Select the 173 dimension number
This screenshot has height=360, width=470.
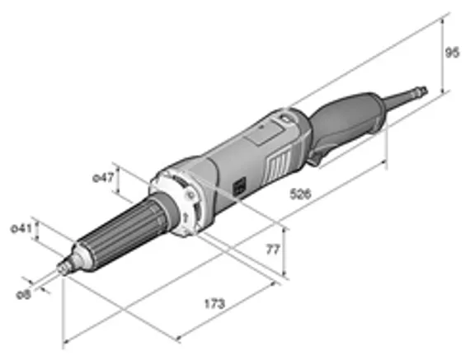[x=214, y=305]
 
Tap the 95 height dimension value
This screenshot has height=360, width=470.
[x=452, y=54]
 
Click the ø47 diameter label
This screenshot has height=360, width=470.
[x=102, y=176]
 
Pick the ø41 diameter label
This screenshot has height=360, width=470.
[x=21, y=227]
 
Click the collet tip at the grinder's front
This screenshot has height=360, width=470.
[x=64, y=267]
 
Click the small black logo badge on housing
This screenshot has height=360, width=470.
[x=239, y=187]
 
